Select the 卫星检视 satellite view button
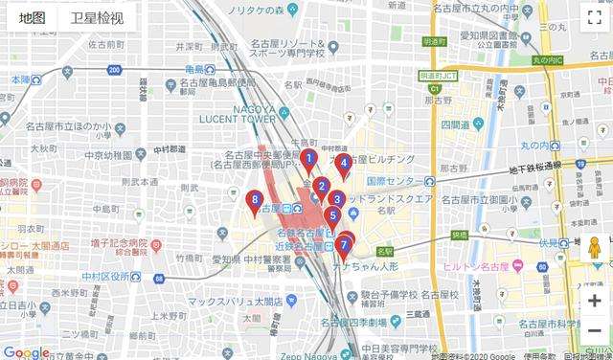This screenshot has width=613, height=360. tap(97, 18)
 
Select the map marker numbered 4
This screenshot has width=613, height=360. tap(344, 165)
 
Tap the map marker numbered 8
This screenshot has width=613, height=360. tap(254, 202)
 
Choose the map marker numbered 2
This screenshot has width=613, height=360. tap(322, 187)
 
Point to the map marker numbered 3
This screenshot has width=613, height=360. tap(336, 201)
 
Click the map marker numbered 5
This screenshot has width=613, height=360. tap(332, 216)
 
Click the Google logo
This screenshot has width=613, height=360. tap(26, 351)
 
